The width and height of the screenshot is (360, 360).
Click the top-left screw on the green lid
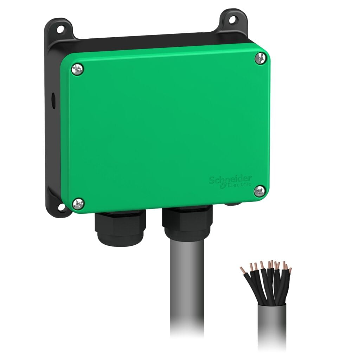(x=78, y=69)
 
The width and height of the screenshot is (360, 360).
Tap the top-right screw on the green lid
(x=261, y=58)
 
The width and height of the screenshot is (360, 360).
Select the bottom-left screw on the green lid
(x=78, y=203)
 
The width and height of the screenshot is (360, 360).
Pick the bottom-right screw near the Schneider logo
(x=259, y=191)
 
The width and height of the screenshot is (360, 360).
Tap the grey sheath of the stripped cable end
(x=271, y=323)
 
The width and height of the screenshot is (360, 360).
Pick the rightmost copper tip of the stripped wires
(x=290, y=270)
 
